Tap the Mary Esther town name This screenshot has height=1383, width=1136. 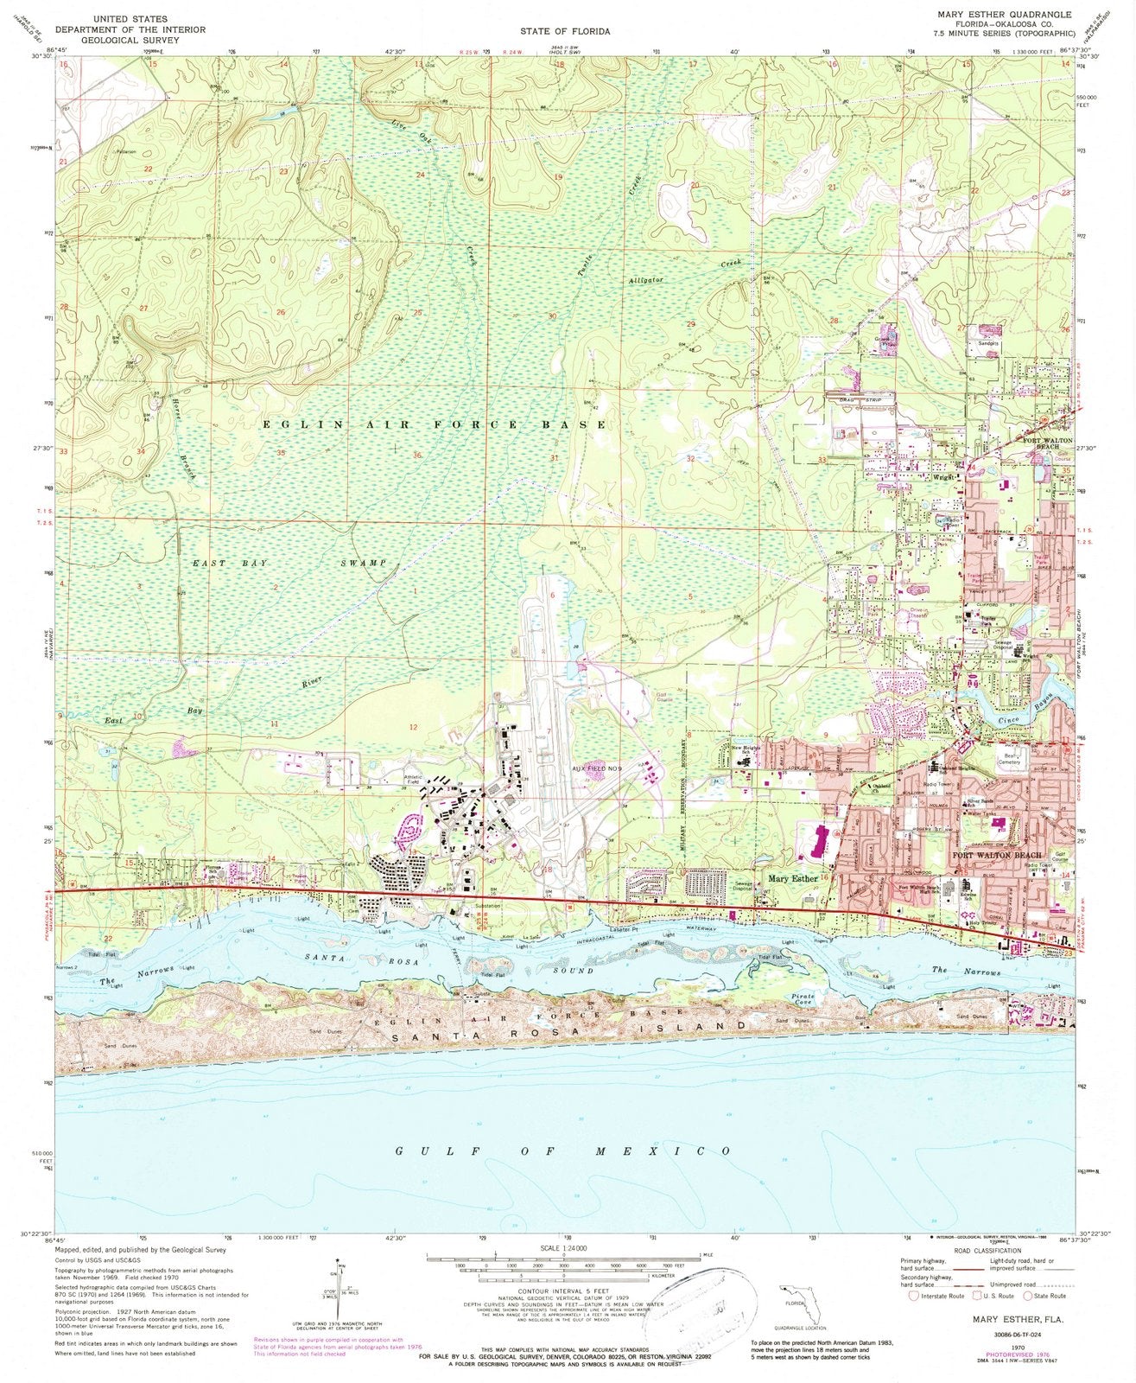tap(792, 878)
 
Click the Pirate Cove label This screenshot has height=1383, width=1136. tap(803, 1000)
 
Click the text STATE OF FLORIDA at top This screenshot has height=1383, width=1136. tap(565, 31)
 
